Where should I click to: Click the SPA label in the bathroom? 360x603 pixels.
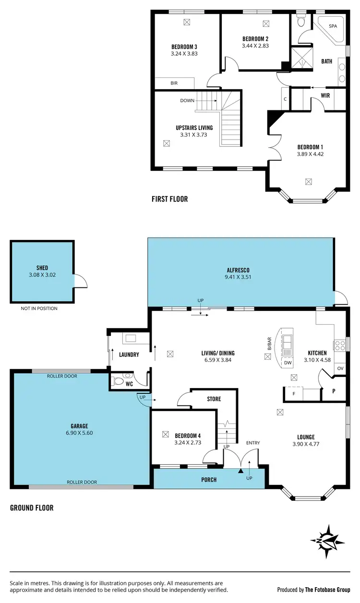click(x=333, y=26)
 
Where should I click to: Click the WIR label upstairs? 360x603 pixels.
click(x=325, y=95)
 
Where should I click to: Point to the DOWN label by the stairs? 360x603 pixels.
click(x=187, y=101)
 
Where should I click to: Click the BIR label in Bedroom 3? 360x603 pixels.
click(x=174, y=83)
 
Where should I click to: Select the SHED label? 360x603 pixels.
click(x=42, y=268)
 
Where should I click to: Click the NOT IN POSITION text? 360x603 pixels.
click(x=39, y=308)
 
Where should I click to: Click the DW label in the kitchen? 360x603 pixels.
click(x=288, y=363)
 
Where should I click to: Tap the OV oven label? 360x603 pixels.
click(x=340, y=368)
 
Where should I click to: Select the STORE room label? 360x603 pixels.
click(x=214, y=399)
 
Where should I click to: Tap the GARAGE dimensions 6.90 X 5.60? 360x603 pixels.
click(x=78, y=432)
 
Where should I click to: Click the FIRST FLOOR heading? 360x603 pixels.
click(x=169, y=199)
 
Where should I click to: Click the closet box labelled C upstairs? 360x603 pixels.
click(x=285, y=99)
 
